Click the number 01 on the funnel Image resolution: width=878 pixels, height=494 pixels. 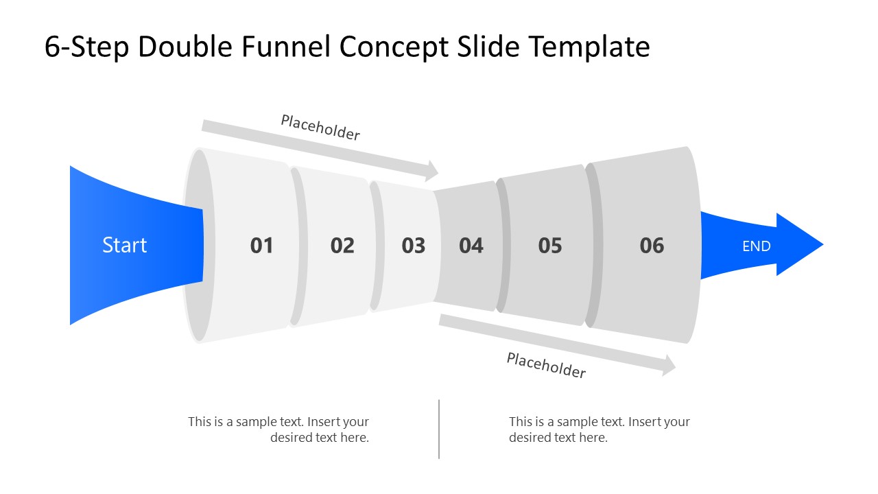(x=261, y=246)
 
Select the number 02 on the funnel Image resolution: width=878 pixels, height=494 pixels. (x=342, y=246)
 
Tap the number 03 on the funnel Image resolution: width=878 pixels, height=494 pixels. (x=414, y=246)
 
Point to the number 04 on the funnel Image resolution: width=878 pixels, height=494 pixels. (x=471, y=246)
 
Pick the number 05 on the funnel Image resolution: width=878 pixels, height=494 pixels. (x=550, y=246)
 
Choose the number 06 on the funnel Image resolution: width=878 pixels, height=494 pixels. (x=652, y=246)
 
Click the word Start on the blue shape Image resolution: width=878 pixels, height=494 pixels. (x=124, y=246)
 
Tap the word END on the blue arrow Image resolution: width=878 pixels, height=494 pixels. (x=756, y=246)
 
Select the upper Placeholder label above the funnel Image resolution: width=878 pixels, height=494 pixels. (x=320, y=128)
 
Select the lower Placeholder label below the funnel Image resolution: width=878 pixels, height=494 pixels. (x=546, y=365)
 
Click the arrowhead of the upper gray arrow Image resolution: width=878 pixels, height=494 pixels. (x=431, y=171)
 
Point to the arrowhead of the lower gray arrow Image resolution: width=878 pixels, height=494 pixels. (x=669, y=366)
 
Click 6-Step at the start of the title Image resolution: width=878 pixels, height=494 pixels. (x=86, y=47)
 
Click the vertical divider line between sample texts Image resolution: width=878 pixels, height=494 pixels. (x=439, y=429)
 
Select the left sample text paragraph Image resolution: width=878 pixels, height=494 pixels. (x=279, y=430)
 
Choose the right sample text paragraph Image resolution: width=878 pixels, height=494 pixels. (x=599, y=430)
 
